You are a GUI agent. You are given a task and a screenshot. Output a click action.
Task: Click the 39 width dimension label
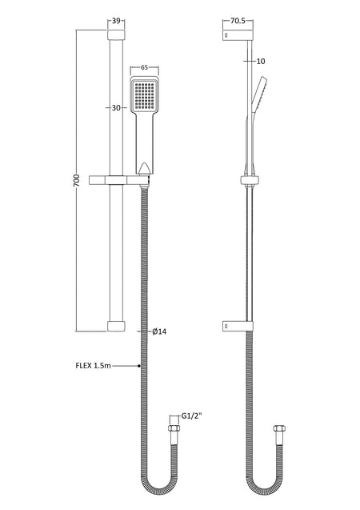click(x=116, y=21)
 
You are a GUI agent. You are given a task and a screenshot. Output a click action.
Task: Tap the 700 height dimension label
click(x=76, y=180)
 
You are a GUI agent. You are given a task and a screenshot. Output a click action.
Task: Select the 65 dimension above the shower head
click(x=145, y=67)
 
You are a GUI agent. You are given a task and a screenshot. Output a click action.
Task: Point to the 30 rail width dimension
click(x=116, y=107)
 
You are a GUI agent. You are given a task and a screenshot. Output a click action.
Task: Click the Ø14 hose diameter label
click(x=159, y=331)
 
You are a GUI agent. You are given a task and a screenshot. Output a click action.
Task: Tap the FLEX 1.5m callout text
click(x=94, y=366)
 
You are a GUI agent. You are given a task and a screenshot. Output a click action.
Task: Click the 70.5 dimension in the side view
click(x=238, y=21)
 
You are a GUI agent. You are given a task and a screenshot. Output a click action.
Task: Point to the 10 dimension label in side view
click(x=261, y=61)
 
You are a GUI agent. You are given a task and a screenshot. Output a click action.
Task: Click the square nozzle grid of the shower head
click(x=145, y=96)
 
